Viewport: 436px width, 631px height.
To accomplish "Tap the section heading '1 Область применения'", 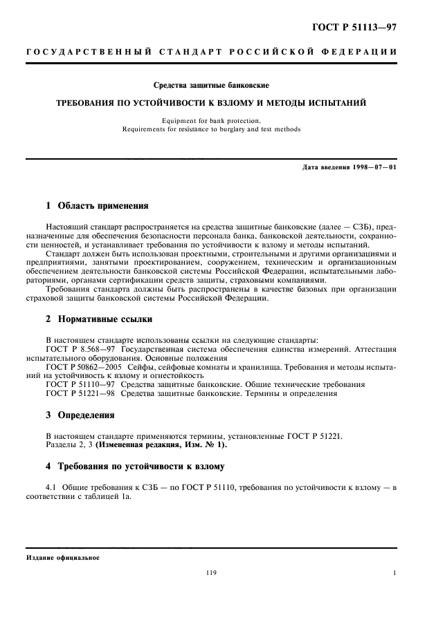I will pyautogui.click(x=96, y=206).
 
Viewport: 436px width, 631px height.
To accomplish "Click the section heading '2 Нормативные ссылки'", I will pyautogui.click(x=98, y=319).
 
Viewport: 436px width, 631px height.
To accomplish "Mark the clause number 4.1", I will pyautogui.click(x=51, y=488).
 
